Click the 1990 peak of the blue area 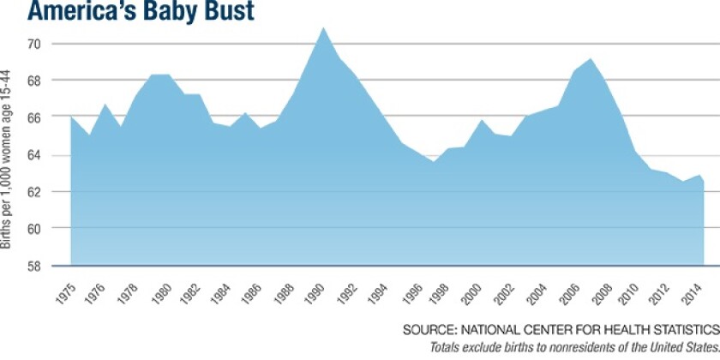pos(324,27)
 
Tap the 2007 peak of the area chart pos(591,58)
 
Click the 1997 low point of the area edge pos(434,161)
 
